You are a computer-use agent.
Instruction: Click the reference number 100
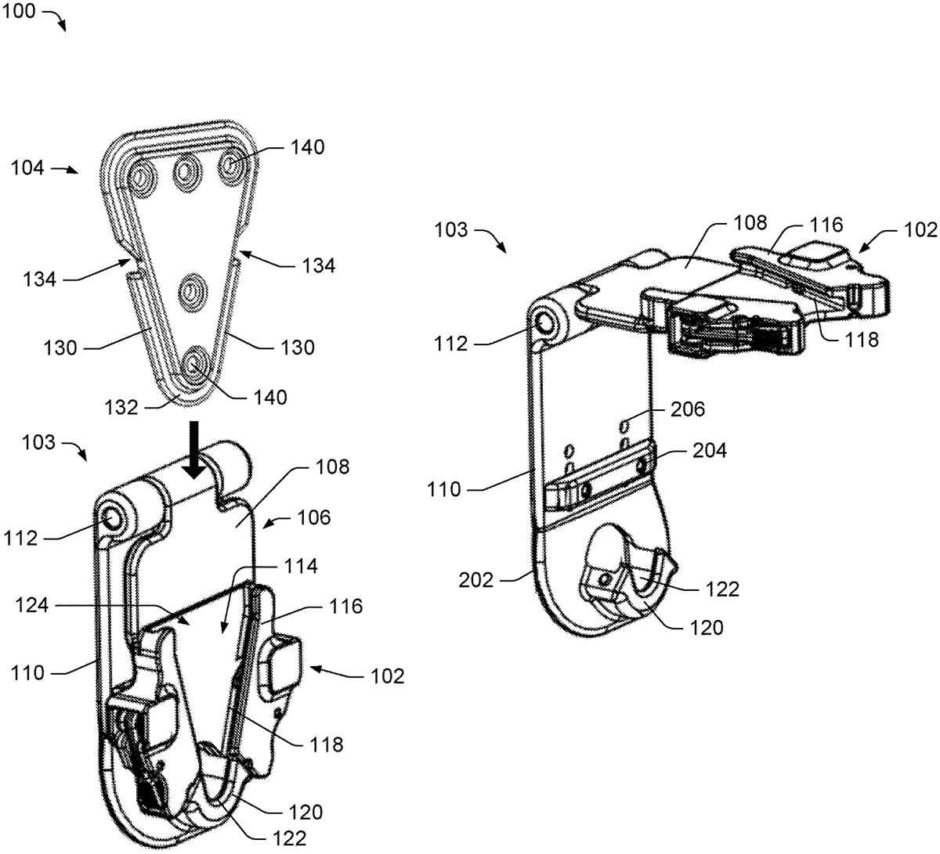19,11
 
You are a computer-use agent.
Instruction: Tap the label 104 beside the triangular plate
27,168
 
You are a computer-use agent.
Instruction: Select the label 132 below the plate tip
121,407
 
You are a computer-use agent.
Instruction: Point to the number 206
688,409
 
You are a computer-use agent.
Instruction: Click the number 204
710,450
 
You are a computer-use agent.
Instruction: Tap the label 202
475,580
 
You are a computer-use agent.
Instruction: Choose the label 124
32,605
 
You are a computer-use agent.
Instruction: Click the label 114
301,566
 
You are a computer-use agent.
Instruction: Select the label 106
314,517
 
